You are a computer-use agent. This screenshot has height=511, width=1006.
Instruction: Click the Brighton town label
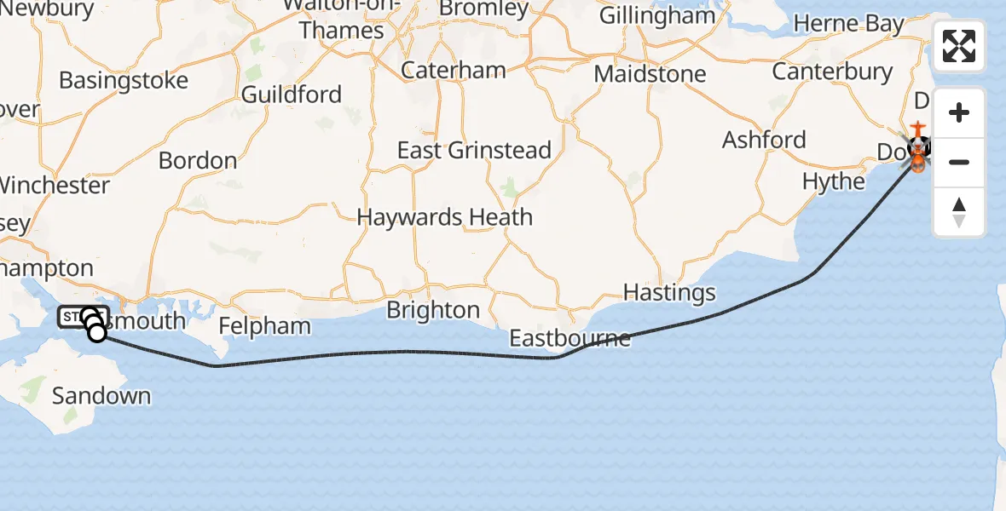[433, 310]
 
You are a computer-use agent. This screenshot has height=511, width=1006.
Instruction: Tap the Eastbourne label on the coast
[569, 338]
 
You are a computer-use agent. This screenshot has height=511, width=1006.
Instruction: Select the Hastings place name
[669, 293]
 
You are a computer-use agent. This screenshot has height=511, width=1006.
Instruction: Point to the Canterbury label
[833, 72]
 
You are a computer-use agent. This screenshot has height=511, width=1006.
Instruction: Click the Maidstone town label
[650, 74]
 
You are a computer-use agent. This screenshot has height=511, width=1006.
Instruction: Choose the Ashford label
[764, 140]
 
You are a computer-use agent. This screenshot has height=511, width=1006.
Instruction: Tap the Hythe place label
[833, 181]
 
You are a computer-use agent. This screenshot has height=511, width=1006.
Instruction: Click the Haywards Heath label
[444, 217]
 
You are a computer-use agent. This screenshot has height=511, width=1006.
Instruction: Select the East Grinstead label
[474, 151]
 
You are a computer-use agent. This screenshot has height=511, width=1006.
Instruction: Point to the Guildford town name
[292, 95]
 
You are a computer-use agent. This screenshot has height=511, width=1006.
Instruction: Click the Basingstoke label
[124, 81]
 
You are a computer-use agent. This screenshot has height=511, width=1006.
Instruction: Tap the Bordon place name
[198, 160]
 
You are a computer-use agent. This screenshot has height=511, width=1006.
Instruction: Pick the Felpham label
[265, 326]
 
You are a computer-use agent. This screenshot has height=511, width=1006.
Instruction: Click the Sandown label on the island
[101, 396]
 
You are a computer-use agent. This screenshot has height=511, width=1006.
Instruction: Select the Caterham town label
[453, 70]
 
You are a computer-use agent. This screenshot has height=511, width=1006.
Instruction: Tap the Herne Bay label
[849, 25]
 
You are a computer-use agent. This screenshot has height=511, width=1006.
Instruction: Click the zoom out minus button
[959, 162]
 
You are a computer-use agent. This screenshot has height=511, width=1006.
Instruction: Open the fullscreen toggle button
[959, 46]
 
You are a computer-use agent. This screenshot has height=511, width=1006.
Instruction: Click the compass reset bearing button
[959, 211]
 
